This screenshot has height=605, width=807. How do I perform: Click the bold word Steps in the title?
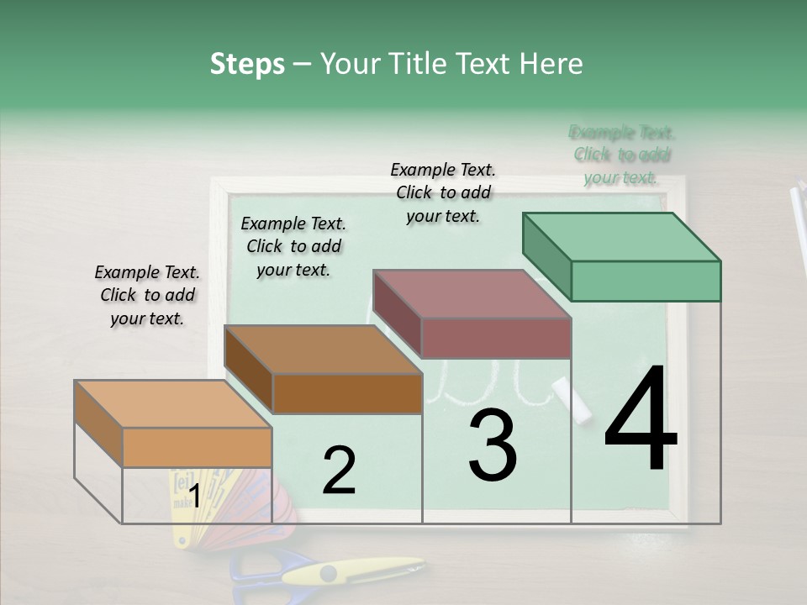click(x=247, y=64)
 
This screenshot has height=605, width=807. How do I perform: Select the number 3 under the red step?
click(x=492, y=445)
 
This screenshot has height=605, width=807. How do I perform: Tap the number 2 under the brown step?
click(x=339, y=471)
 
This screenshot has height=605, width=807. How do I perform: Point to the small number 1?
click(x=194, y=497)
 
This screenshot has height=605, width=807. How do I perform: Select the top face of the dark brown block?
click(x=323, y=349)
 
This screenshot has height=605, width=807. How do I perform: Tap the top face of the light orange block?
click(x=173, y=403)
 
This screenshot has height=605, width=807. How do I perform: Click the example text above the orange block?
click(x=147, y=296)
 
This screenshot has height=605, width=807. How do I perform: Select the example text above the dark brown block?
click(x=293, y=246)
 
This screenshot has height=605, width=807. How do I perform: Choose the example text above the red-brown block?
click(x=443, y=192)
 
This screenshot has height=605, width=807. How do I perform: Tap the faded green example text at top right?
click(x=622, y=155)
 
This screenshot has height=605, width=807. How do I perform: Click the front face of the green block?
click(x=646, y=281)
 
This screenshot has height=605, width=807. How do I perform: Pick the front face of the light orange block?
click(x=197, y=447)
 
